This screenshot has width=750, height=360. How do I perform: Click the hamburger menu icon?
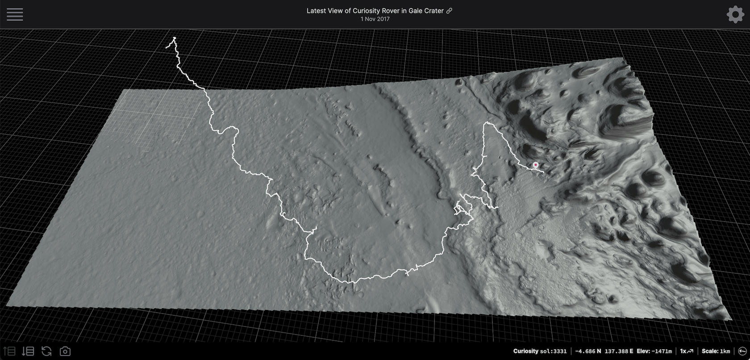(x=15, y=14)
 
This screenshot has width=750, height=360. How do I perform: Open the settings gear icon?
(x=735, y=14)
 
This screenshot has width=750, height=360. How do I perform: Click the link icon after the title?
(x=449, y=11)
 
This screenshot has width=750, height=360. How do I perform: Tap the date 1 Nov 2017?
(x=375, y=19)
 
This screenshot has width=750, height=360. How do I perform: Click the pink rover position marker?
(x=536, y=165)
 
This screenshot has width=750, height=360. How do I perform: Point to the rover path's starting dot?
(x=175, y=38)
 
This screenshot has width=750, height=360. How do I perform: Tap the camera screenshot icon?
(x=65, y=351)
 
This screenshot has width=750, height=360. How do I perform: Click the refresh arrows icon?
(x=46, y=351)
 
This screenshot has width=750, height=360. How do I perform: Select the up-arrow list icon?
(x=9, y=351)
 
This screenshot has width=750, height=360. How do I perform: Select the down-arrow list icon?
(x=28, y=351)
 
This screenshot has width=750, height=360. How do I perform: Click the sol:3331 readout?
(x=553, y=351)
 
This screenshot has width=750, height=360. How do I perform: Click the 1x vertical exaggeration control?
(x=686, y=351)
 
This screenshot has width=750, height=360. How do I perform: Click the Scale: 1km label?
(x=716, y=351)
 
